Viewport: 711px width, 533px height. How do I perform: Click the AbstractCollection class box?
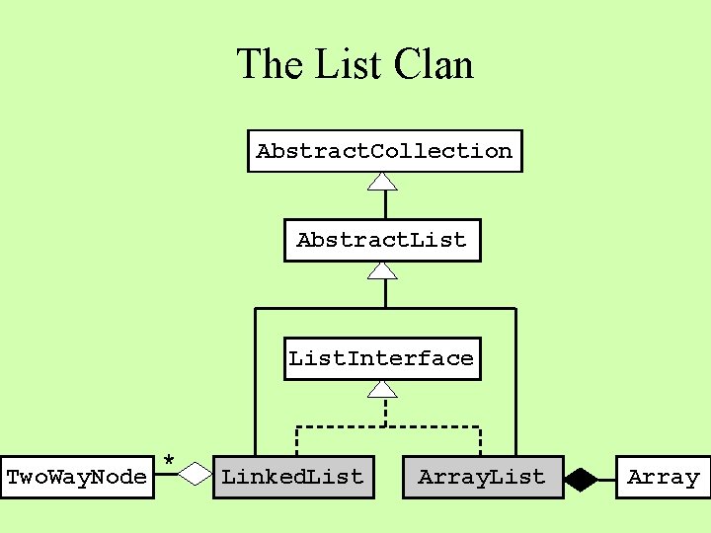384,151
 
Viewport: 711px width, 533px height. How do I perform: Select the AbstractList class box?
382,240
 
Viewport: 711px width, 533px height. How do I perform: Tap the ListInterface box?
381,358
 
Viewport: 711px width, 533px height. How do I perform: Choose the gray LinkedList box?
293,478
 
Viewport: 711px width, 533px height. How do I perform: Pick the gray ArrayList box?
482,478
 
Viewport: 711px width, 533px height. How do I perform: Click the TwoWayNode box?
77,478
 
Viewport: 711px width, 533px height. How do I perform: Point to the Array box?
663,478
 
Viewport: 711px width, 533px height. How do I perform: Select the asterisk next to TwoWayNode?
169,461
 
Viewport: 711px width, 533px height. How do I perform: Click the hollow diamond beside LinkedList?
196,475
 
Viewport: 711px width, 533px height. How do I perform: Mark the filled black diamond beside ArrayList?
581,480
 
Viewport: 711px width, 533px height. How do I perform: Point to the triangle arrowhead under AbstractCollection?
383,181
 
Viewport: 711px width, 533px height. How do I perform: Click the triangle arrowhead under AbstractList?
383,269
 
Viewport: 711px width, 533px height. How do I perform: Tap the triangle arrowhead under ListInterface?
383,389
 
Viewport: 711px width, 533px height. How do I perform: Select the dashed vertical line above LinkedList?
297,441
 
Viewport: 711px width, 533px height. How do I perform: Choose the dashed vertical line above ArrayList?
480,441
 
